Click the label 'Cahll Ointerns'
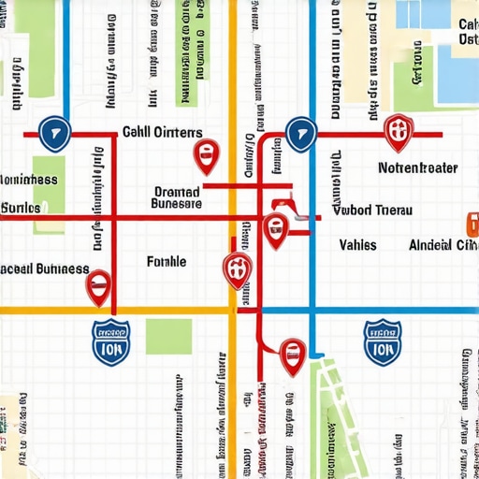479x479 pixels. pos(162,133)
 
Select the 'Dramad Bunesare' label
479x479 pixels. pos(176,196)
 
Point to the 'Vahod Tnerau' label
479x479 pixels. pos(372,210)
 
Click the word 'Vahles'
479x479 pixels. pos(357,244)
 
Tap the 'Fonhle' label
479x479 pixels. pos(167,262)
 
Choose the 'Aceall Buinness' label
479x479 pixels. pos(44,269)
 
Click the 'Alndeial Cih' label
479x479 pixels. pos(443,245)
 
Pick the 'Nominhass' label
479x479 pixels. pos(28,179)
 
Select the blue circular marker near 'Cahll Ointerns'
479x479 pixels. pos(55,134)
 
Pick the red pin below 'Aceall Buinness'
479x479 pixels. pos(98,287)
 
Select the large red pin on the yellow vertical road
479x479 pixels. pos(237,269)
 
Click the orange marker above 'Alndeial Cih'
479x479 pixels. pos(472,223)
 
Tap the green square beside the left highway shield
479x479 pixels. pos(167,336)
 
